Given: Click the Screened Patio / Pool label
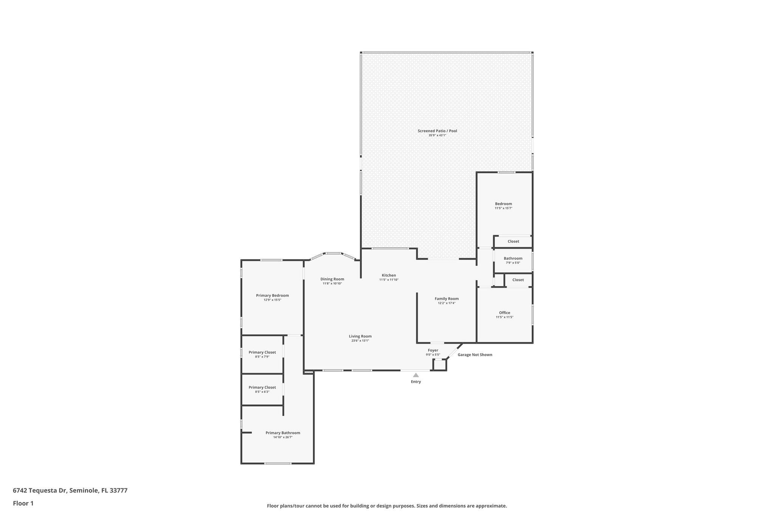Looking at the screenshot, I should click(x=437, y=131).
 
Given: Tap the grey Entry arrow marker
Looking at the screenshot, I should click(x=416, y=375).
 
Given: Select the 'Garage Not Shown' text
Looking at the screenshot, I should click(x=475, y=355).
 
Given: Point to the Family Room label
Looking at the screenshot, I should click(x=446, y=299).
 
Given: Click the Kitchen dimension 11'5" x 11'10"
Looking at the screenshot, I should click(x=389, y=280).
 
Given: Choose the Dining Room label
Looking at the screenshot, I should click(x=332, y=279).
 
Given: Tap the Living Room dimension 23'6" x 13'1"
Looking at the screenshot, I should click(x=360, y=341).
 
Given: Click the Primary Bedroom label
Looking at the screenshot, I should click(x=272, y=296).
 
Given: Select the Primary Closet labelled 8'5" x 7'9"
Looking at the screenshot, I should click(x=262, y=352).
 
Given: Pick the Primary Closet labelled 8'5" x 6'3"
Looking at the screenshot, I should click(x=262, y=387).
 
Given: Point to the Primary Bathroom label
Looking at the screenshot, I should click(x=283, y=433).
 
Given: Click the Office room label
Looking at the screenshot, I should click(x=504, y=313).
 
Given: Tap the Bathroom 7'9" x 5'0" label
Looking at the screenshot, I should click(x=513, y=259).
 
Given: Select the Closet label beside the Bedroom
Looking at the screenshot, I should click(x=513, y=241).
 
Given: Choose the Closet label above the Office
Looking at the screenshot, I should click(x=518, y=280).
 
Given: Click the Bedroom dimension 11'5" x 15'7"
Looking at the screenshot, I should click(x=503, y=208).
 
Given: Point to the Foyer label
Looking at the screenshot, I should click(x=433, y=350).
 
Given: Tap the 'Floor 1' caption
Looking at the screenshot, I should click(x=23, y=503).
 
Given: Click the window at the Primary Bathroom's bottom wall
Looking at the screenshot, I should click(x=277, y=463).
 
